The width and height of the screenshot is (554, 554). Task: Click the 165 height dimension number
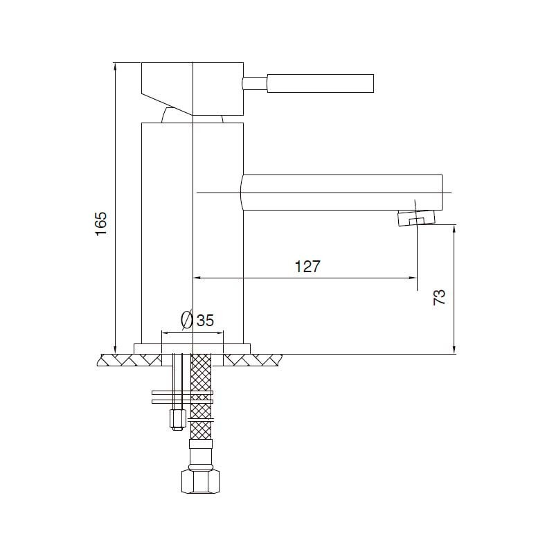(100, 224)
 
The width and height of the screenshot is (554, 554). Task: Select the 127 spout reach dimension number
(307, 267)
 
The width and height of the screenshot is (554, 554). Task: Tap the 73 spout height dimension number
(439, 298)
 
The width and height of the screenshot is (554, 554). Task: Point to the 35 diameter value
(205, 320)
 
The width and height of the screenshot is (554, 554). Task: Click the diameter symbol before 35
(186, 319)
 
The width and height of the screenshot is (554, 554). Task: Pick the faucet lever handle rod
(320, 83)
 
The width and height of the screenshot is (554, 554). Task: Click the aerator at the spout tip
(416, 217)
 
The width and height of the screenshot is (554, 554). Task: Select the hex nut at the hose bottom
(200, 481)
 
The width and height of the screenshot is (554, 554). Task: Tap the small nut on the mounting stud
(177, 419)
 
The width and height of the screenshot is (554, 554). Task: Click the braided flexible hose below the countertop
(201, 396)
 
